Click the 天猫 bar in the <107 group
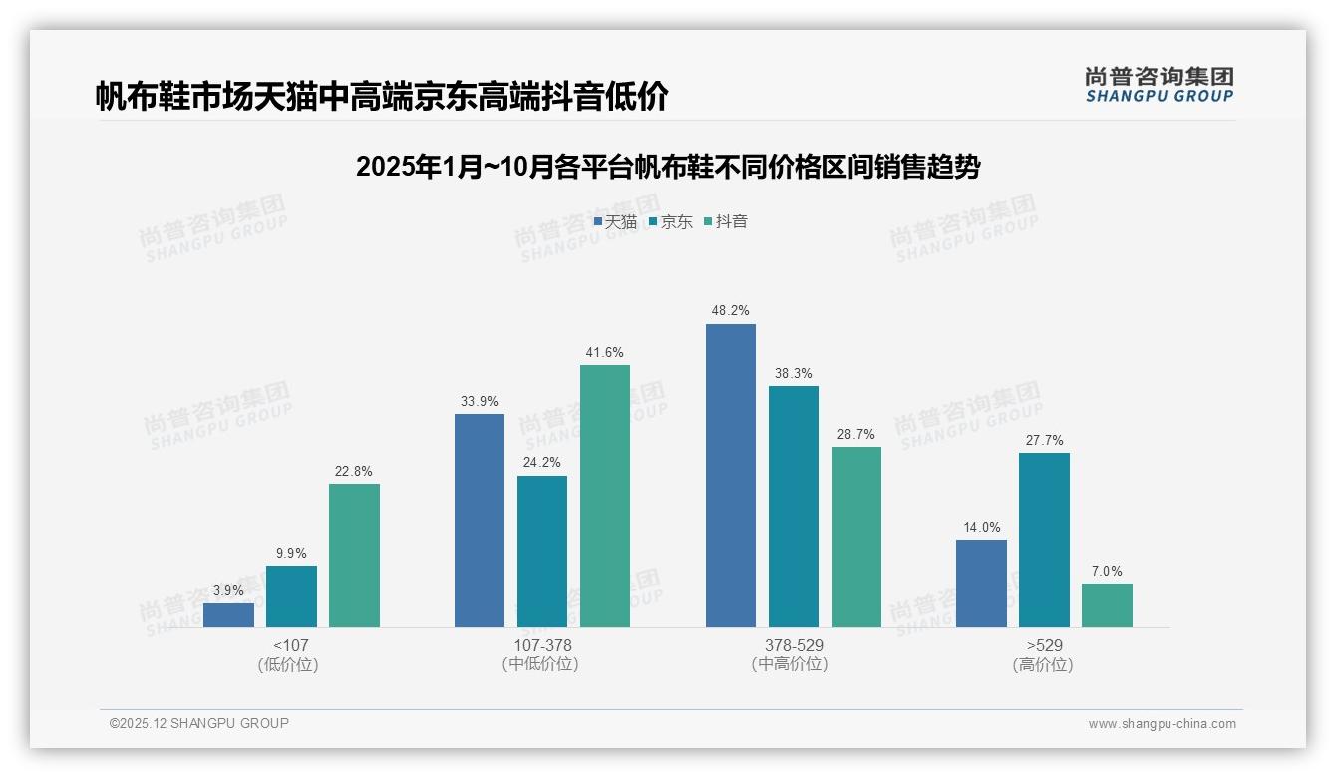pos(228,615)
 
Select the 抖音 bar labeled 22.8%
pos(354,556)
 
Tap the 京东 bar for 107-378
pos(542,552)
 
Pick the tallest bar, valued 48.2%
pos(731,476)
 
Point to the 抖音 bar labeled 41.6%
pos(605,496)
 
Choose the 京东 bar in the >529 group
pos(1044,540)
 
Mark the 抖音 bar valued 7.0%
pos(1107,605)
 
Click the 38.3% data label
pos(794,374)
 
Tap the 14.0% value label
pos(981,528)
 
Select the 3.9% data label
pos(228,591)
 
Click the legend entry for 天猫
pos(615,222)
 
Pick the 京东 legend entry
pos(670,222)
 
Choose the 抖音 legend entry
pos(726,222)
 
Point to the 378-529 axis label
pos(794,645)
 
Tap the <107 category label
pos(290,645)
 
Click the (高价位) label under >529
pos(1044,665)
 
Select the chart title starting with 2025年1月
pos(668,167)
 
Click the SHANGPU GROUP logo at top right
pos(1159,85)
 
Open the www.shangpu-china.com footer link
pos(1162,724)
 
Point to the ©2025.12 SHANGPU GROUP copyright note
pos(199,723)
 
